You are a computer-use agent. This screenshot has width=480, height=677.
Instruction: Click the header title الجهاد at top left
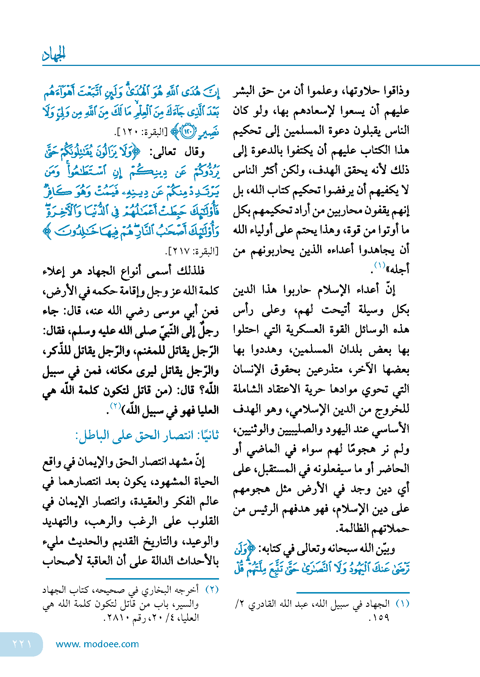click(x=54, y=54)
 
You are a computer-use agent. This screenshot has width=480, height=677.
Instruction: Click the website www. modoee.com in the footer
click(x=98, y=644)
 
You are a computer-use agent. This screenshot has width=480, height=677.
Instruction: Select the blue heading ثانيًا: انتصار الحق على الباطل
click(x=147, y=436)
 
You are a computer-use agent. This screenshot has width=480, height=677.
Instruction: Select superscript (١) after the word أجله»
click(x=380, y=265)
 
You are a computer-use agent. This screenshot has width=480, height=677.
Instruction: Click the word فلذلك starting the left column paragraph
click(x=190, y=271)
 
